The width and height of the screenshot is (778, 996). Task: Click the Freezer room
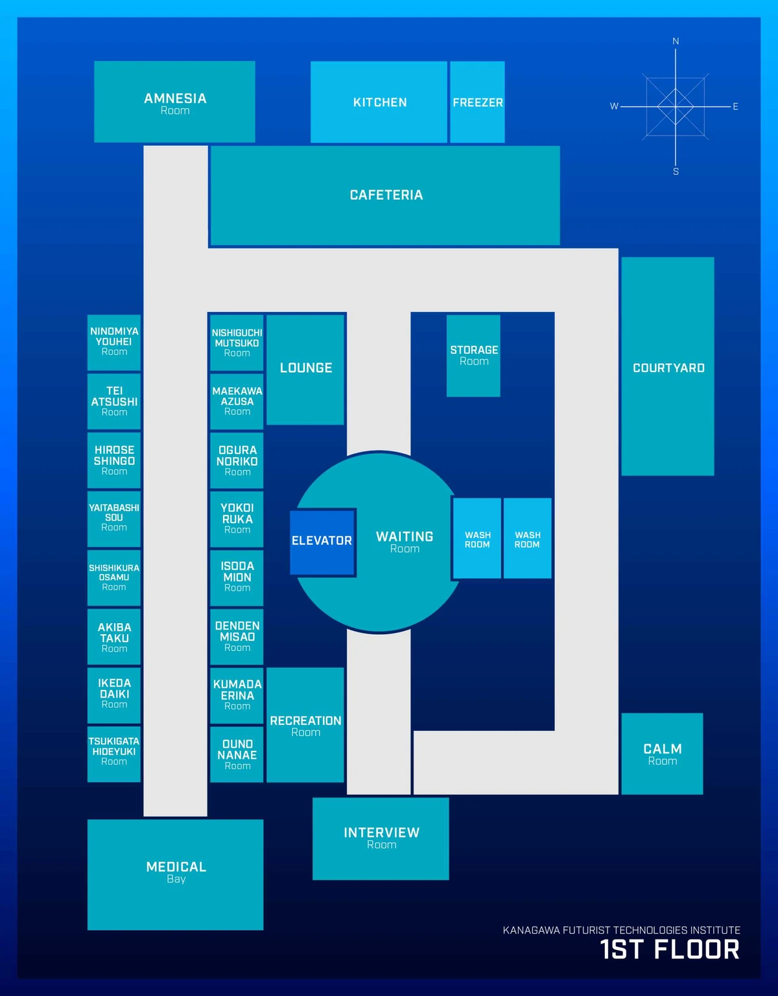pyautogui.click(x=477, y=102)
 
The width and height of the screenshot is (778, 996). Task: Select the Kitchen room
pyautogui.click(x=379, y=102)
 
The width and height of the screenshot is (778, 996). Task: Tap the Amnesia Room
pyautogui.click(x=174, y=101)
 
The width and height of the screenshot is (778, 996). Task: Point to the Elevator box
pyautogui.click(x=322, y=542)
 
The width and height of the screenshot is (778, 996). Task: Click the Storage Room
pyautogui.click(x=473, y=355)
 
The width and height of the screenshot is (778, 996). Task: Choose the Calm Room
pyautogui.click(x=662, y=753)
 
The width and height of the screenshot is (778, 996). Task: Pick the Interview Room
pyautogui.click(x=381, y=838)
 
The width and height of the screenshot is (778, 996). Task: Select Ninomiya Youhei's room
pyautogui.click(x=114, y=342)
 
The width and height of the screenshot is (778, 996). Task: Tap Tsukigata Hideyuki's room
pyautogui.click(x=114, y=753)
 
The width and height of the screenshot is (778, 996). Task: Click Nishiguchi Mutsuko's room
pyautogui.click(x=237, y=342)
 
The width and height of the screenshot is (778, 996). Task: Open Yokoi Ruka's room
pyautogui.click(x=237, y=519)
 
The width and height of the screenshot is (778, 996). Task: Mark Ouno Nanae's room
pyautogui.click(x=237, y=753)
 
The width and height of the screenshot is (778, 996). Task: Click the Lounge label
pyautogui.click(x=306, y=368)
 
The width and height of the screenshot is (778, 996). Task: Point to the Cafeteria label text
pyautogui.click(x=386, y=195)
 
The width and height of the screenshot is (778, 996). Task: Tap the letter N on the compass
pyautogui.click(x=676, y=41)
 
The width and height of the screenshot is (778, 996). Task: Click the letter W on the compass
pyautogui.click(x=614, y=106)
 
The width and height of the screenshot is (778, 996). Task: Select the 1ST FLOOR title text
pyautogui.click(x=670, y=949)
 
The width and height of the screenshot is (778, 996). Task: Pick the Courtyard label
pyautogui.click(x=668, y=368)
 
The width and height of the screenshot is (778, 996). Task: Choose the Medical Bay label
pyautogui.click(x=176, y=871)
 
